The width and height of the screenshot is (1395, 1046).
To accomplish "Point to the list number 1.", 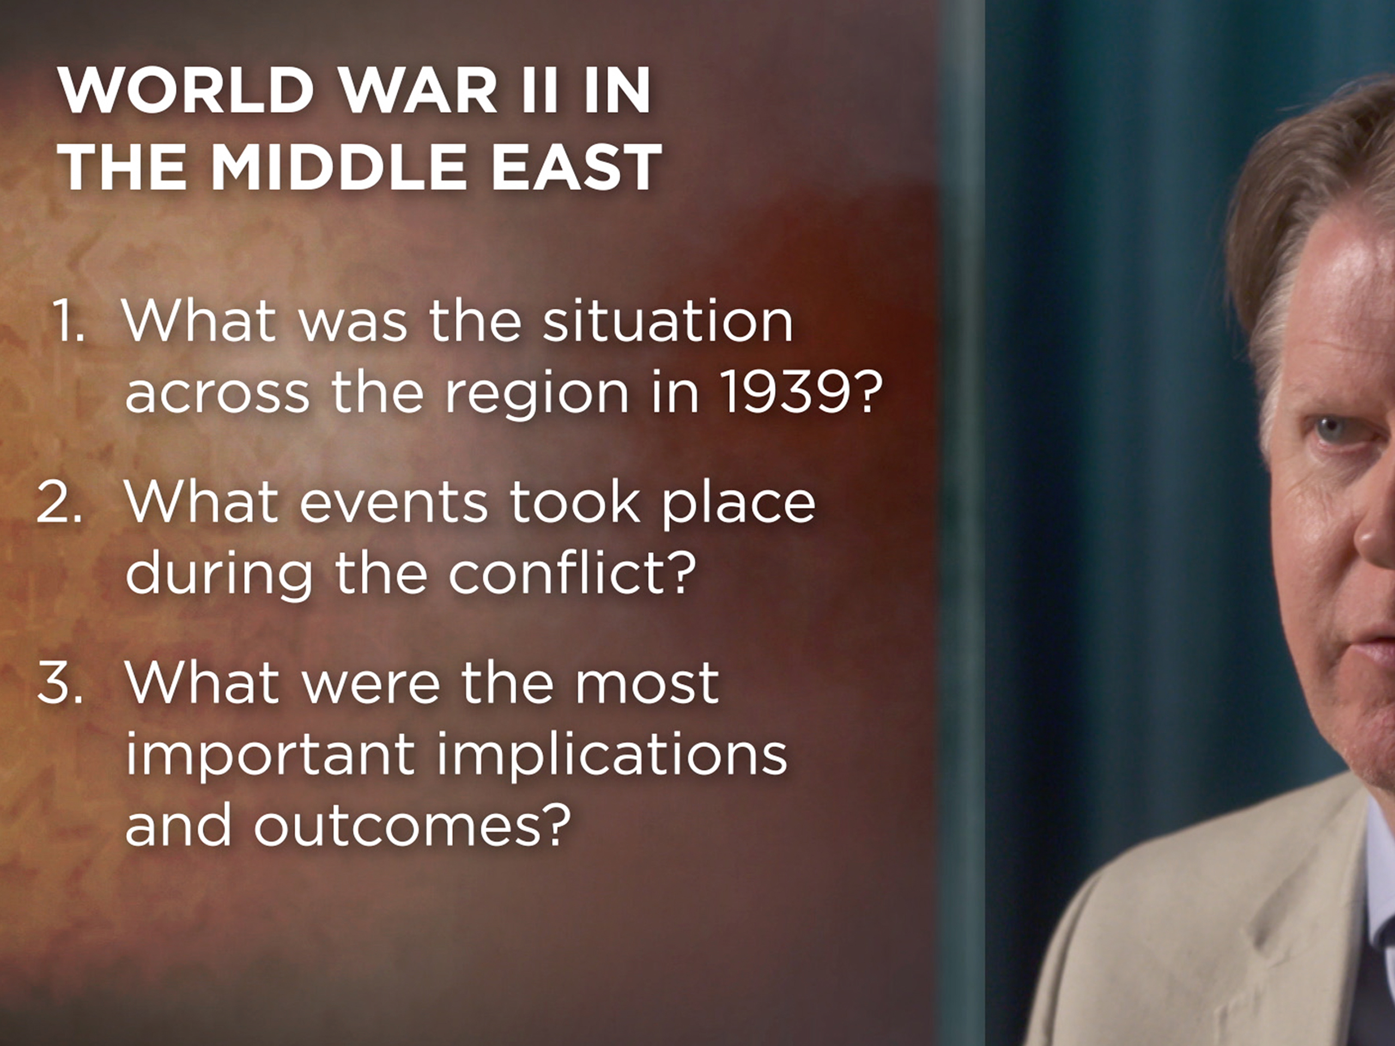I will (x=68, y=321).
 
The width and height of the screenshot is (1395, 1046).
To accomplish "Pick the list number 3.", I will (x=60, y=682).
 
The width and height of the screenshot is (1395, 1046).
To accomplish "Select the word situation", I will (x=667, y=321).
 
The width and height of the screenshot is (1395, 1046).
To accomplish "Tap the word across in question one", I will (x=217, y=393).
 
